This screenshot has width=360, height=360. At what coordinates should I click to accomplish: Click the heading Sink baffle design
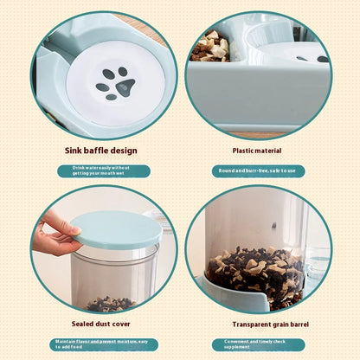[x=100, y=151]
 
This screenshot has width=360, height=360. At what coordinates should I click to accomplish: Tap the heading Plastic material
[x=258, y=151]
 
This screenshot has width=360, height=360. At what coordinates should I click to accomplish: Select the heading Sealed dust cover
[x=101, y=324]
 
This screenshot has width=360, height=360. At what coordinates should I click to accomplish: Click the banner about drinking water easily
[x=103, y=170]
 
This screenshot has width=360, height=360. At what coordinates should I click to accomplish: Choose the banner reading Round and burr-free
[x=258, y=170]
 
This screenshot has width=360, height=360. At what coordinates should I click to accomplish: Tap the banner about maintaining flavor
[x=103, y=344]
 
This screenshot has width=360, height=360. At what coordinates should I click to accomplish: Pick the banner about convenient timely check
[x=258, y=344]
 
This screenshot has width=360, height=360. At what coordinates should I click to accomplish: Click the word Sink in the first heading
[x=74, y=151]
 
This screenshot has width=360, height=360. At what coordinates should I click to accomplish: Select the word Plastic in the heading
[x=246, y=151]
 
